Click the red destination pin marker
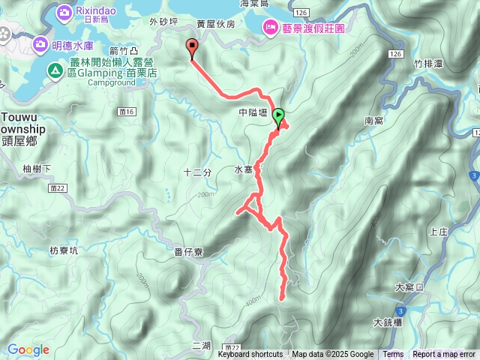click(x=192, y=47)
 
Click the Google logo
click(x=28, y=349)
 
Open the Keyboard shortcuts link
click(x=250, y=355)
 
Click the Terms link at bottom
click(x=393, y=355)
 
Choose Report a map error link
click(x=445, y=355)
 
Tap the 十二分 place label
click(x=198, y=172)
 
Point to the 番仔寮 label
click(x=188, y=252)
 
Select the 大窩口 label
click(x=409, y=287)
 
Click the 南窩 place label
click(x=373, y=120)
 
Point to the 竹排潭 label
click(x=427, y=65)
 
